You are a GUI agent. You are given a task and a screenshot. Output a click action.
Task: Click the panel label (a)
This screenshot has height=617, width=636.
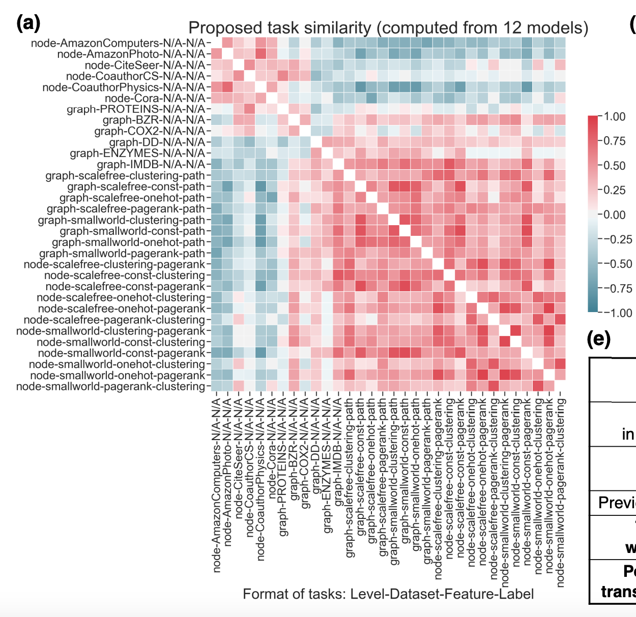pyautogui.click(x=28, y=23)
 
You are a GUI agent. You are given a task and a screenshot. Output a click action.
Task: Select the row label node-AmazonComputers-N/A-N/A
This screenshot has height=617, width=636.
pyautogui.click(x=118, y=43)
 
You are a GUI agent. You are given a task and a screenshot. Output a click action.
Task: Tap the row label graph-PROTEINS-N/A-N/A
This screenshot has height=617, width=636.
pyautogui.click(x=136, y=109)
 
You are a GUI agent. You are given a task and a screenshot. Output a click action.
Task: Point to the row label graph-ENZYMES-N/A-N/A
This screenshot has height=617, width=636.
pyautogui.click(x=137, y=153)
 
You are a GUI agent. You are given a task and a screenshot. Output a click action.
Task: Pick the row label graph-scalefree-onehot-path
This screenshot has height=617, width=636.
pyautogui.click(x=132, y=198)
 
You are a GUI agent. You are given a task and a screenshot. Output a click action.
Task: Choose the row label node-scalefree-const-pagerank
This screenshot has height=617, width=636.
pyautogui.click(x=125, y=287)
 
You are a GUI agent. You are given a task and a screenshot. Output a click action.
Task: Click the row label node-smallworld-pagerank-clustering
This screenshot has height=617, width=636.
pyautogui.click(x=110, y=387)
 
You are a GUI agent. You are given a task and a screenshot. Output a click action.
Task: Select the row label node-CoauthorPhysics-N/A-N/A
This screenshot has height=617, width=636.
pyautogui.click(x=124, y=87)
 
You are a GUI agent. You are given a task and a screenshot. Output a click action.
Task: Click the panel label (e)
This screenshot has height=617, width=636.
pyautogui.click(x=598, y=339)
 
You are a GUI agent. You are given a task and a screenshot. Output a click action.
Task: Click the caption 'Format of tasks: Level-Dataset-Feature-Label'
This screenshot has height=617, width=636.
pyautogui.click(x=388, y=594)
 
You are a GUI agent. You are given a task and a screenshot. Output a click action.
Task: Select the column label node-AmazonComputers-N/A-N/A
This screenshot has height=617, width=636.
pyautogui.click(x=217, y=483)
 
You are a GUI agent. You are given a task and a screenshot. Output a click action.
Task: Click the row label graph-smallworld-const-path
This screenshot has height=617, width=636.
pyautogui.click(x=132, y=231)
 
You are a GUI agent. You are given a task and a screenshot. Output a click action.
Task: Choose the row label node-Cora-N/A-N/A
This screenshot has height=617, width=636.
pyautogui.click(x=155, y=99)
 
